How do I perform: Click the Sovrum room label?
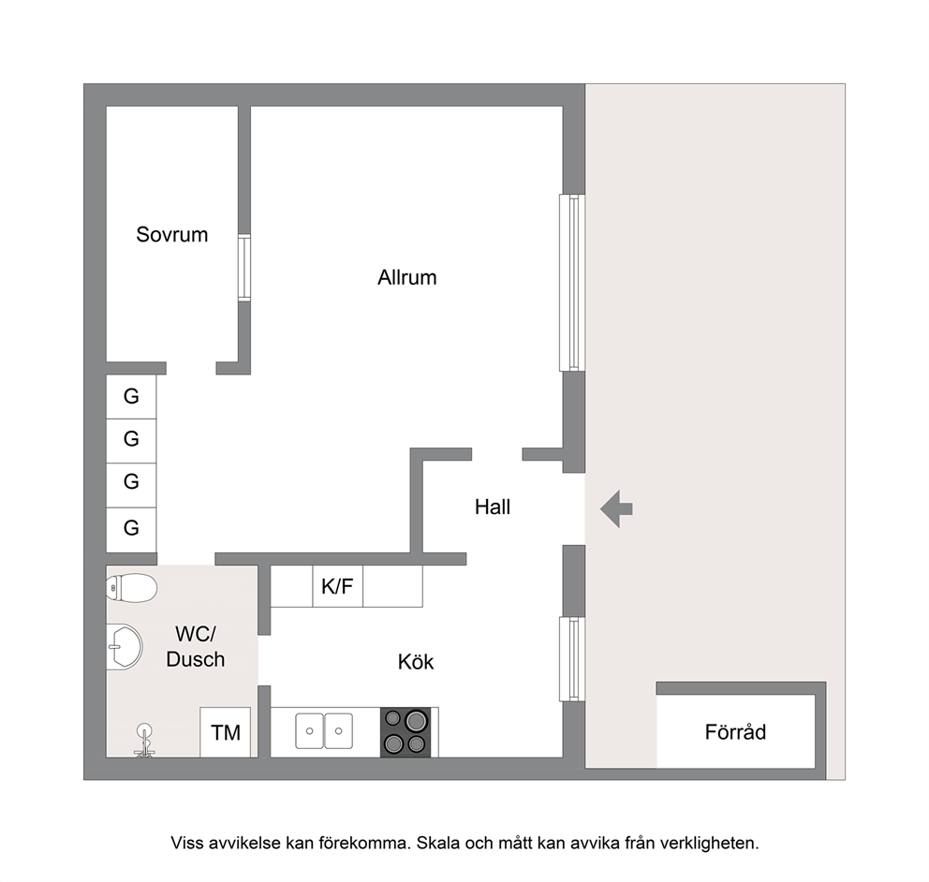(171, 235)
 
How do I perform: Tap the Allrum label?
(407, 277)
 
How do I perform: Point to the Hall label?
(493, 507)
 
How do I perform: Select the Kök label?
(416, 662)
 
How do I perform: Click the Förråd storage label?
(735, 732)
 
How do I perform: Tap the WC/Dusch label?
(196, 647)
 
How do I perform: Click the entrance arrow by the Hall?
(617, 508)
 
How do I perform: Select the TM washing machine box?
(225, 732)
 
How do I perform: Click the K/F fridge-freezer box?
(338, 586)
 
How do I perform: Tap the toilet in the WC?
(131, 588)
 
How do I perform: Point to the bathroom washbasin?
(125, 647)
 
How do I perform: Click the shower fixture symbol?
(144, 741)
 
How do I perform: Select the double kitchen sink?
(324, 731)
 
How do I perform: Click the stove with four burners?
(406, 732)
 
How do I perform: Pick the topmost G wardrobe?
(131, 396)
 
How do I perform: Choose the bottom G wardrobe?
(131, 528)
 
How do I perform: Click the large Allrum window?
(572, 283)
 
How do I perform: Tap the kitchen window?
(572, 658)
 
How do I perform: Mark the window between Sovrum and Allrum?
(244, 268)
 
